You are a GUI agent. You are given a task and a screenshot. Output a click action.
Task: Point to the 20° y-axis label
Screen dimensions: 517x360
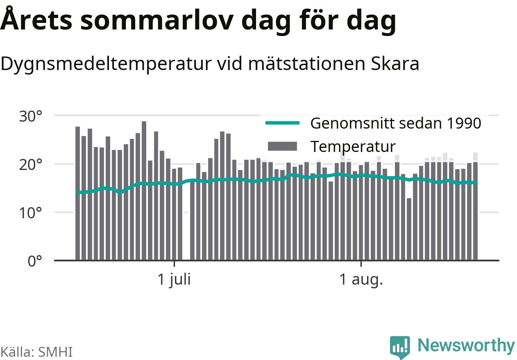(x=31, y=165)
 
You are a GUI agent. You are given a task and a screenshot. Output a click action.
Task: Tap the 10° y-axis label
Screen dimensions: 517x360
(x=31, y=213)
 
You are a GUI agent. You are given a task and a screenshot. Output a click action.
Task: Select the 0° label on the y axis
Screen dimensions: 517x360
(x=35, y=261)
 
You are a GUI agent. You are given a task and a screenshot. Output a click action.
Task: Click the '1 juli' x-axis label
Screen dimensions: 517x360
(x=174, y=280)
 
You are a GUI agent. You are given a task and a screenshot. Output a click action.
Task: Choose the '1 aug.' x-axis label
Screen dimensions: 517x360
(x=361, y=280)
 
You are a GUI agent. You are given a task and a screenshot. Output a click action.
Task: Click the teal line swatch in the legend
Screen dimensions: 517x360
(x=282, y=123)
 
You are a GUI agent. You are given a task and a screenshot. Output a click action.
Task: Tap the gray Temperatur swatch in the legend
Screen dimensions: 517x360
(x=282, y=146)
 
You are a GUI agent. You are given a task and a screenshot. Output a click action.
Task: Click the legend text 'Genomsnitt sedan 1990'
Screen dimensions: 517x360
(x=396, y=123)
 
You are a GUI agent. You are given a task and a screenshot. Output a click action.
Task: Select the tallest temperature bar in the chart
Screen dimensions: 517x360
(x=144, y=191)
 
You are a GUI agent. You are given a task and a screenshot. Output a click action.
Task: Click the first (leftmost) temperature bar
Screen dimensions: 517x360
(x=77, y=193)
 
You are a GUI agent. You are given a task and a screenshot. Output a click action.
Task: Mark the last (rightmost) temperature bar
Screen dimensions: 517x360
(x=476, y=211)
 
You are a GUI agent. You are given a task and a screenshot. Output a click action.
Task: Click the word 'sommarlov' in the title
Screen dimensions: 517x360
(x=157, y=20)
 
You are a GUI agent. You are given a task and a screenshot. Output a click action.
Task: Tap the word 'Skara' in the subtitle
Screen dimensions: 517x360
(x=395, y=64)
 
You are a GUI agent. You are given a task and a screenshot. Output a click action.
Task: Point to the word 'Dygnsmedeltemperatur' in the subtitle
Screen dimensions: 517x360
(x=106, y=65)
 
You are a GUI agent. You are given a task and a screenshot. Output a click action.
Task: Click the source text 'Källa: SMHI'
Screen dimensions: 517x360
(x=36, y=352)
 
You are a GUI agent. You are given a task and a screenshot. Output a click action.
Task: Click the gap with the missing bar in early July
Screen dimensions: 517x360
(x=186, y=219)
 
